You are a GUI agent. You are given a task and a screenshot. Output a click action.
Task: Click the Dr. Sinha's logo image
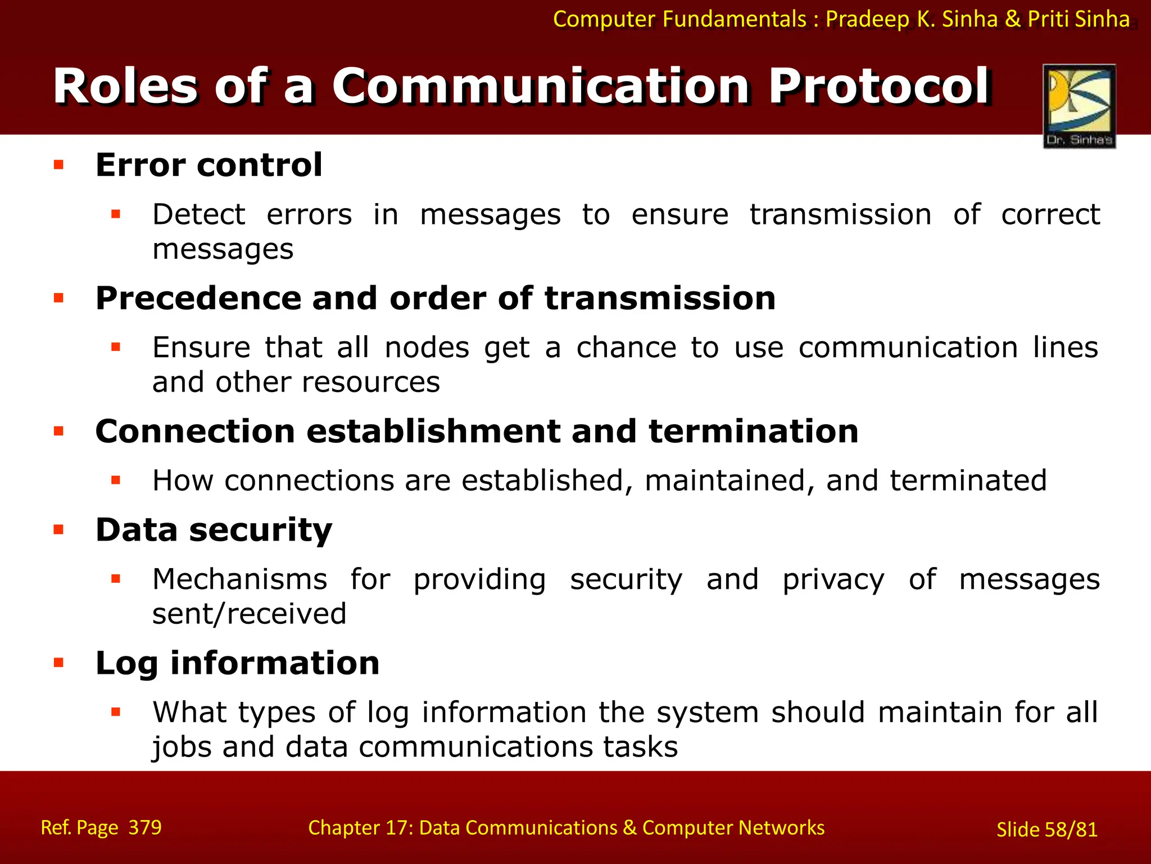pyautogui.click(x=1079, y=106)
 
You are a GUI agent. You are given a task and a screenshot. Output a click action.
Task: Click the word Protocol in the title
pyautogui.click(x=880, y=86)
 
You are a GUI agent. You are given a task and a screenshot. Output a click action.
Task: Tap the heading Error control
pyautogui.click(x=209, y=165)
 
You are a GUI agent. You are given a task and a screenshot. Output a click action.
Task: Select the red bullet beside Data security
pyautogui.click(x=58, y=529)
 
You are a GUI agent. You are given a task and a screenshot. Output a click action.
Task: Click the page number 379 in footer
pyautogui.click(x=145, y=827)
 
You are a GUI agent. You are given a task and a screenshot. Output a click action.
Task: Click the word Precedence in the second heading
pyautogui.click(x=198, y=298)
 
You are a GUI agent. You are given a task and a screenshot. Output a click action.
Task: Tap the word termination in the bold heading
pyautogui.click(x=753, y=431)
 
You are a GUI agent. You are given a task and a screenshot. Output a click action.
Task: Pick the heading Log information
pyautogui.click(x=237, y=663)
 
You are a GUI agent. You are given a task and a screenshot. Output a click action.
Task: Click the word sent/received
pyautogui.click(x=249, y=614)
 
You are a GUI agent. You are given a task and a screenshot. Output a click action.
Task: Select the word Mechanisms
pyautogui.click(x=239, y=579)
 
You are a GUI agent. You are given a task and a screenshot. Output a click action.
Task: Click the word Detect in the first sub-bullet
pyautogui.click(x=198, y=214)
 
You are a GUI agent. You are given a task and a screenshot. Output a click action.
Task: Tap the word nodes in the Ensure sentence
pyautogui.click(x=427, y=348)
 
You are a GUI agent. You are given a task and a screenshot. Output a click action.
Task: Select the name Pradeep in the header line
pyautogui.click(x=867, y=19)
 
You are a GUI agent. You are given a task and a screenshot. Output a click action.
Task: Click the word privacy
pyautogui.click(x=833, y=579)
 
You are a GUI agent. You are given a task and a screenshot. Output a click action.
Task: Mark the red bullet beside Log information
pyautogui.click(x=58, y=662)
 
